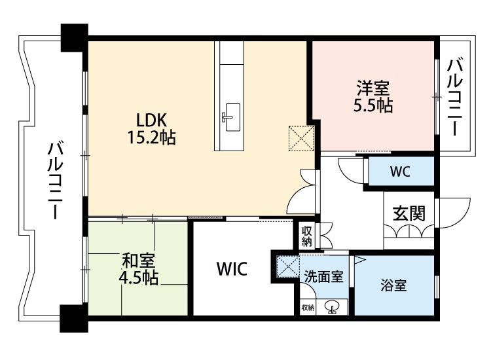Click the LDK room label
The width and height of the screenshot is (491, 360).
click(151, 120)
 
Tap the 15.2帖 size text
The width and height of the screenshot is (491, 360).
click(152, 137)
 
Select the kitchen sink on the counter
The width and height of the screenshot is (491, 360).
click(232, 117)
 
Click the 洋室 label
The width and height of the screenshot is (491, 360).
click(373, 88)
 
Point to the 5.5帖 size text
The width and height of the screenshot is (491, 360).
click(373, 105)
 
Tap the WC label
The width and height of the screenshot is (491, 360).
click(400, 171)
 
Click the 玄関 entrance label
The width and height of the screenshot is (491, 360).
click(409, 213)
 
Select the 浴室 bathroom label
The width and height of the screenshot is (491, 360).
click(393, 285)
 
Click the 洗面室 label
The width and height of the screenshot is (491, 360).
click(324, 276)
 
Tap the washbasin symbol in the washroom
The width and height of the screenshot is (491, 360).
click(332, 307)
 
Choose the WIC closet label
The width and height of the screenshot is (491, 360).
click(232, 269)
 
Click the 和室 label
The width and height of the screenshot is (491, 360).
click(139, 261)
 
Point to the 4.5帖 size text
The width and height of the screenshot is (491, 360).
click(139, 278)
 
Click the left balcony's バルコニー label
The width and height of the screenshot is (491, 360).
click(56, 180)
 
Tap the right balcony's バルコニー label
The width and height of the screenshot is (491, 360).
click(455, 97)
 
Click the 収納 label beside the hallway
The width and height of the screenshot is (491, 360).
click(306, 236)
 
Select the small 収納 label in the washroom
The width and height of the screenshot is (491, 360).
click(308, 308)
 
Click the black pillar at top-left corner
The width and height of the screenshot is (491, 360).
click(74, 37)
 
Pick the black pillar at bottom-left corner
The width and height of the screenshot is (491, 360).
click(74, 318)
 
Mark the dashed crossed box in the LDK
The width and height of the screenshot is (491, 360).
click(301, 138)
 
